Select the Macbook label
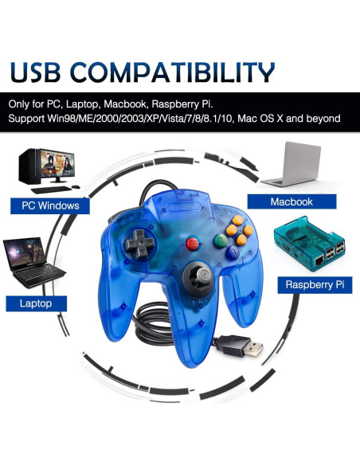click(x=291, y=201)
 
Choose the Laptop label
click(x=35, y=303)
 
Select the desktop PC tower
click(x=29, y=166)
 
